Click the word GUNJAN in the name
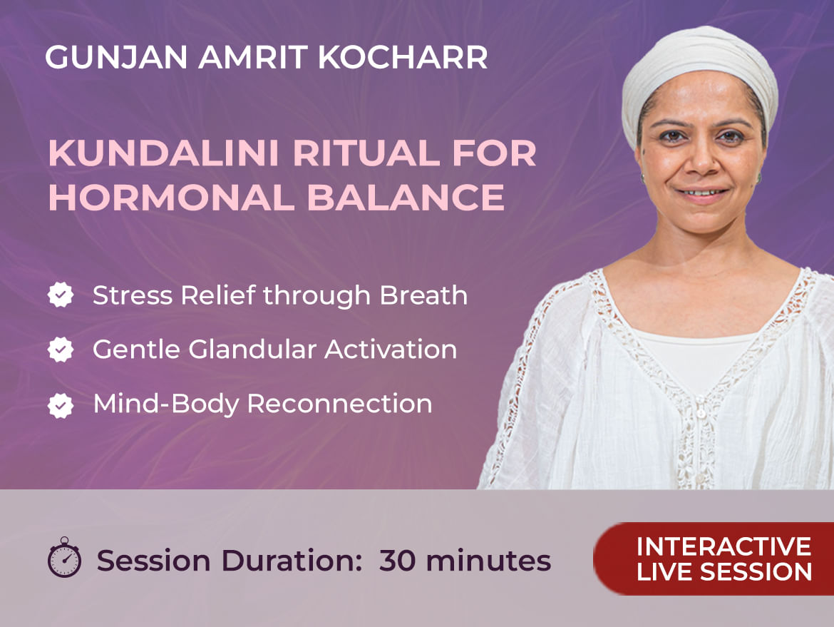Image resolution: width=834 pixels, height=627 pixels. pyautogui.click(x=116, y=57)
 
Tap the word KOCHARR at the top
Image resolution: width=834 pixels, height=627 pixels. pyautogui.click(x=403, y=57)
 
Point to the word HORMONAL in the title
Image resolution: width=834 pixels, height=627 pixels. pyautogui.click(x=172, y=198)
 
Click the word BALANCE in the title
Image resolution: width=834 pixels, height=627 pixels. pyautogui.click(x=406, y=198)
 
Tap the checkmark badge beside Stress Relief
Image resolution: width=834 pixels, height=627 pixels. pyautogui.click(x=61, y=295)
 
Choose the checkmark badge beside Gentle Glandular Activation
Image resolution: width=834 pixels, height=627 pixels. pyautogui.click(x=61, y=349)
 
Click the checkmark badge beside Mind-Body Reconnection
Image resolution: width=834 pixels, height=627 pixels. pyautogui.click(x=61, y=405)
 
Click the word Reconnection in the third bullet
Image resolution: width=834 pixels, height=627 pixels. pyautogui.click(x=340, y=404)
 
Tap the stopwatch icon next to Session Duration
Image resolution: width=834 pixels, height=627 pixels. pyautogui.click(x=64, y=557)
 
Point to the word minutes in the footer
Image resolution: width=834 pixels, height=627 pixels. pyautogui.click(x=488, y=561)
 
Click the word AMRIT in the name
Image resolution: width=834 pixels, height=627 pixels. pyautogui.click(x=253, y=57)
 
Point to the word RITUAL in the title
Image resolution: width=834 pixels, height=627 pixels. pyautogui.click(x=366, y=153)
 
